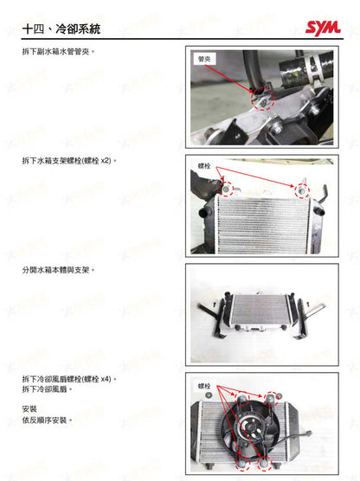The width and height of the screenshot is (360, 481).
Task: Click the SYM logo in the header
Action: tap(322, 29)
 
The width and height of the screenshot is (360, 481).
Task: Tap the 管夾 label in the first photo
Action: tap(205, 58)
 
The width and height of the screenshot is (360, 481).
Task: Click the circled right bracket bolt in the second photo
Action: tap(302, 189)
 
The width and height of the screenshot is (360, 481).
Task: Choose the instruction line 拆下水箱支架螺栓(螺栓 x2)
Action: tap(68, 162)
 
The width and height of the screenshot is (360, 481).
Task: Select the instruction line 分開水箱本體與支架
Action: tap(57, 270)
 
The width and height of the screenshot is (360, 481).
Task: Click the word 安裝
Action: tap(29, 409)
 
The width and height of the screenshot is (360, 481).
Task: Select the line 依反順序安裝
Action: tap(47, 420)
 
